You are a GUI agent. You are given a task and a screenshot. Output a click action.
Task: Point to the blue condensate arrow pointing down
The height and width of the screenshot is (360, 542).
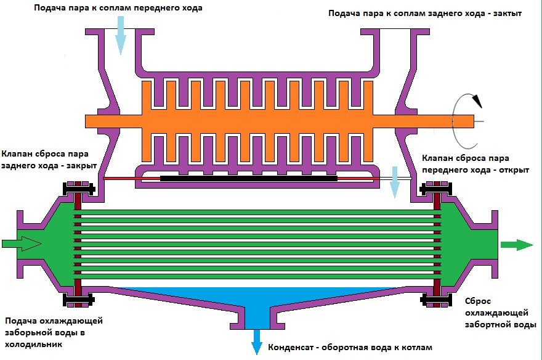256,342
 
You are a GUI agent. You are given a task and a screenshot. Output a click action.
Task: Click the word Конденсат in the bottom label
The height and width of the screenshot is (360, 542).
292,347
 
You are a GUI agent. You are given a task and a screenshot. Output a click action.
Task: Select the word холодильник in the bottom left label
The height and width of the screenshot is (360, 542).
33,344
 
